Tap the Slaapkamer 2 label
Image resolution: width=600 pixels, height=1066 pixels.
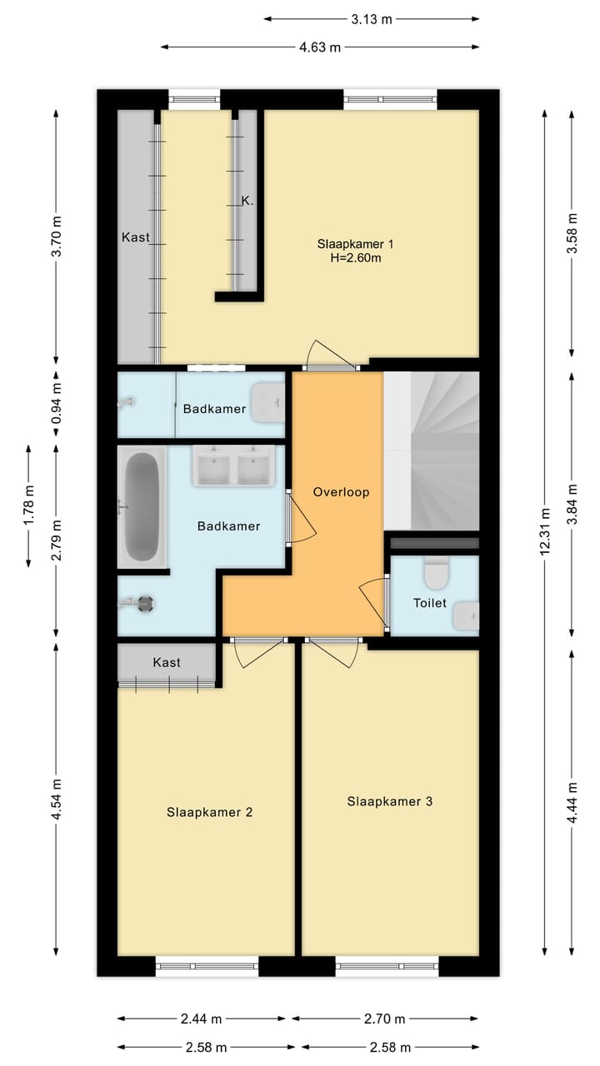tap(209, 812)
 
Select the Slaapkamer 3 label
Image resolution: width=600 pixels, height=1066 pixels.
tap(389, 801)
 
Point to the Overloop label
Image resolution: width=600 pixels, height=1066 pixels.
tap(341, 492)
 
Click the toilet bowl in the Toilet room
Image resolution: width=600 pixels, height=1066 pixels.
tap(436, 574)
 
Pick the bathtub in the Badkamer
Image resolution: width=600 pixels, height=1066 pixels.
tap(141, 507)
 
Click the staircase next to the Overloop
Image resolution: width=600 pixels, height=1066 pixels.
tap(432, 450)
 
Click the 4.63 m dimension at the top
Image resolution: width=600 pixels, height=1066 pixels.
tap(320, 47)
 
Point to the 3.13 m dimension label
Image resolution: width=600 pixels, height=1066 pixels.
tap(371, 19)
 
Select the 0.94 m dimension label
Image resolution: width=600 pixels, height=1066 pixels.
tap(56, 403)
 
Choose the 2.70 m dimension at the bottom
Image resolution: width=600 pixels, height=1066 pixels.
tap(385, 1019)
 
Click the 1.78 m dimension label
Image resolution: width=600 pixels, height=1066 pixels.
tap(29, 506)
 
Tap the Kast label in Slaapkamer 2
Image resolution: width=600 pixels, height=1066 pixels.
tap(167, 662)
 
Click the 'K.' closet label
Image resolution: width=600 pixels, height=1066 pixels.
tap(247, 201)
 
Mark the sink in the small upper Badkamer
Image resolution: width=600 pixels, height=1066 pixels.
tap(268, 402)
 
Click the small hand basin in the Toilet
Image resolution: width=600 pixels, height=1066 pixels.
tap(466, 616)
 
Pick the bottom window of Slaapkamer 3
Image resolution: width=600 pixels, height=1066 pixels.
tap(387, 966)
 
